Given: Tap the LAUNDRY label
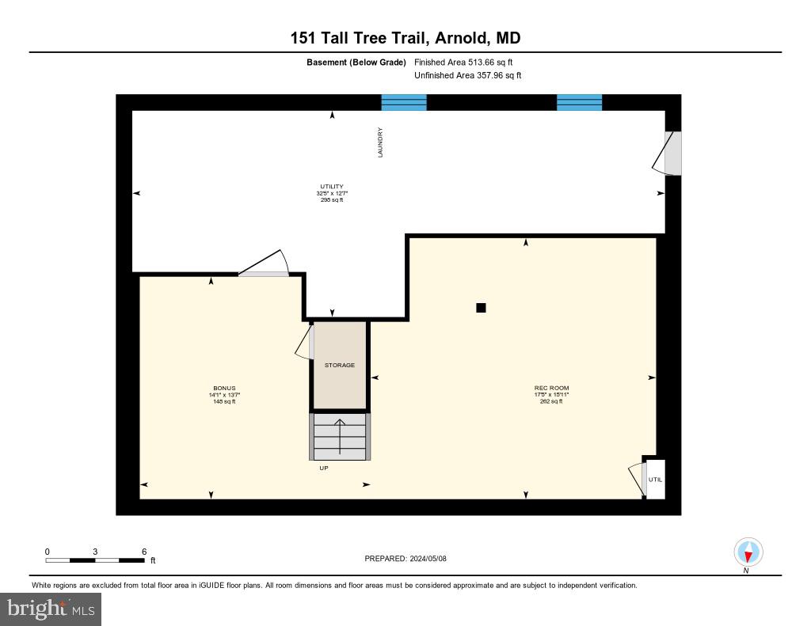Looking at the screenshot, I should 380,142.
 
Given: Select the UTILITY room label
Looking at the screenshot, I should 331,187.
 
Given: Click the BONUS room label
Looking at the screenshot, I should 224,389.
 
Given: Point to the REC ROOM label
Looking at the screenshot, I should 551,389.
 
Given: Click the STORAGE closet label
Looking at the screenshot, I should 340,365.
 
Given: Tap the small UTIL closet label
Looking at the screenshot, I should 655,480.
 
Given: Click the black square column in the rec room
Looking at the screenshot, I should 481,308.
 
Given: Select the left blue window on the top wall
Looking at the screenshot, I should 404,102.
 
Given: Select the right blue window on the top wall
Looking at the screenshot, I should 579,102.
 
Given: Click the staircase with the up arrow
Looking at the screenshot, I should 340,436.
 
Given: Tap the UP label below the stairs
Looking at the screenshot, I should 323,468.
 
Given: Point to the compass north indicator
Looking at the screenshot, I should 748,552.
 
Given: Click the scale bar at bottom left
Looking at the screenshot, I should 95,560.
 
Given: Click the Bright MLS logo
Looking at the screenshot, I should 51,609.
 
